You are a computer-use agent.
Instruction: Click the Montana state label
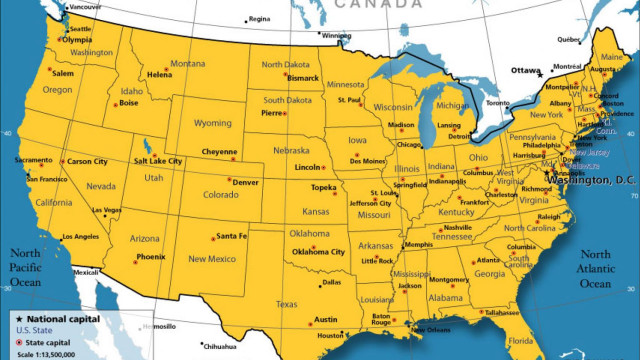(187, 64)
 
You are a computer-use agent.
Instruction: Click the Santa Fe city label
(231, 236)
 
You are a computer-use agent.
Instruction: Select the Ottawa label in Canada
(525, 71)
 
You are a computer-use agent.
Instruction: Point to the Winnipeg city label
(336, 36)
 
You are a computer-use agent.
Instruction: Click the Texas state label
(287, 304)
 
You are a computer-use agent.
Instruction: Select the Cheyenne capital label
(219, 152)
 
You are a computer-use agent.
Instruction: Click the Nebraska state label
(290, 151)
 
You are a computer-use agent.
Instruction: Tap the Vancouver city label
(85, 7)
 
